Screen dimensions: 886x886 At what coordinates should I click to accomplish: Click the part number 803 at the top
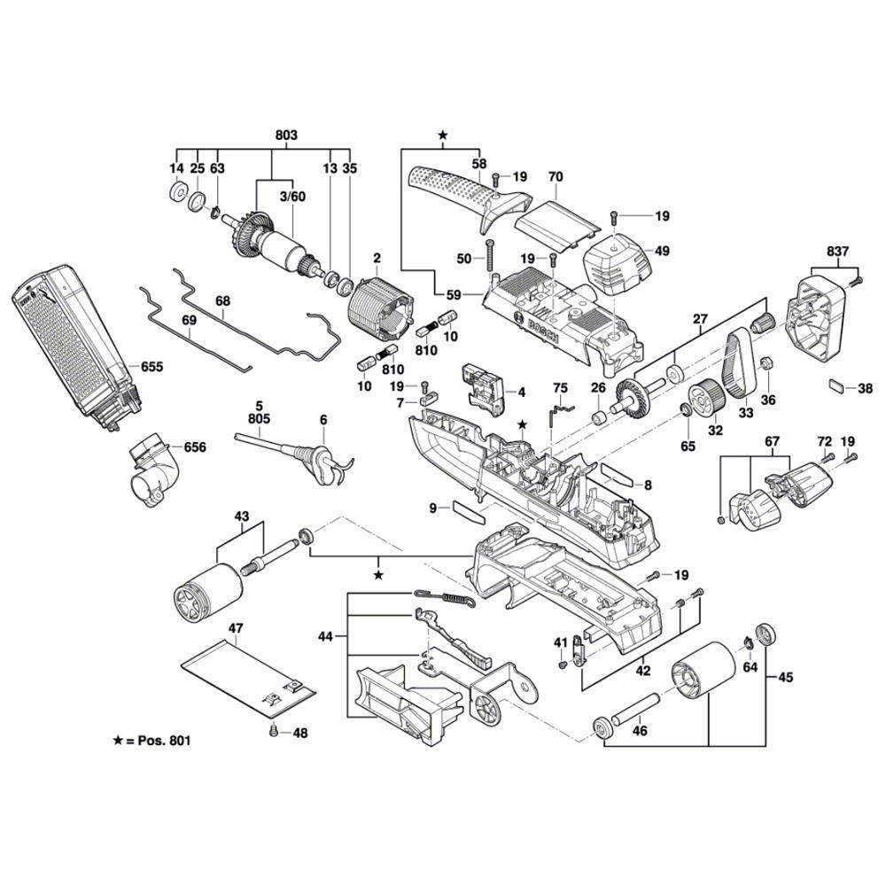click(286, 136)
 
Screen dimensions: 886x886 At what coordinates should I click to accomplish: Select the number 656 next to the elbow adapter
click(194, 447)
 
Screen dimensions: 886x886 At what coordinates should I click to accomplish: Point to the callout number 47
click(235, 628)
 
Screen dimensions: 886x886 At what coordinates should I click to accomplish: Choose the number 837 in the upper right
click(837, 251)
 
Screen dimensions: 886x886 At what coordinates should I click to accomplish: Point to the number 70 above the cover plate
click(556, 177)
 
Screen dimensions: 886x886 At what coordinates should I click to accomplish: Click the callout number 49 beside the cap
click(662, 251)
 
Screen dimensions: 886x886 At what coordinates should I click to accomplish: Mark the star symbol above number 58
click(443, 136)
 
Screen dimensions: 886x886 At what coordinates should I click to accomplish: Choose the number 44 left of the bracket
click(328, 636)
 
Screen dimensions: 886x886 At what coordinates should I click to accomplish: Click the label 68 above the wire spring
click(221, 300)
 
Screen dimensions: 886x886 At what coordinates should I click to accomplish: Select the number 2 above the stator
click(377, 258)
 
